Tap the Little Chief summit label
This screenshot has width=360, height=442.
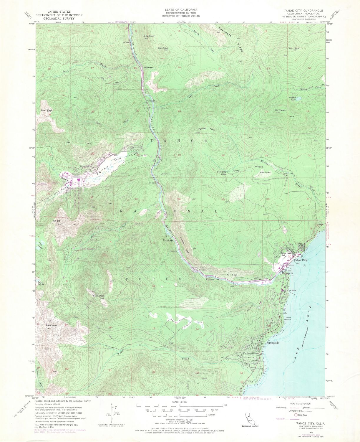[x=149, y=36]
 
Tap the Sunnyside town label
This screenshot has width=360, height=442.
[x=273, y=343]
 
